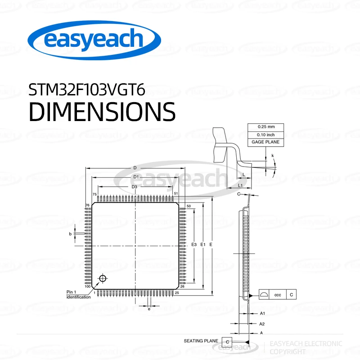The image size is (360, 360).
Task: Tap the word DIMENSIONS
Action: (x=102, y=111)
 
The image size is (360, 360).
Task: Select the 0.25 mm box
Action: (x=266, y=126)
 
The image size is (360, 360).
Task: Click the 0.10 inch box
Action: (x=266, y=134)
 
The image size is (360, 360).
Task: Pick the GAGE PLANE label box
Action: (x=266, y=142)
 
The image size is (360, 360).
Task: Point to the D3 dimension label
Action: (x=134, y=187)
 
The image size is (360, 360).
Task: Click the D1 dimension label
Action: (x=135, y=177)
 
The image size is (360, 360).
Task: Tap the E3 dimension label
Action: (x=194, y=244)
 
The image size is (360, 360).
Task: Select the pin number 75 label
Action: (x=94, y=194)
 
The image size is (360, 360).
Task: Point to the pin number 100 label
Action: (x=87, y=286)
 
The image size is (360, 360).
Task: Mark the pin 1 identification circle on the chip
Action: (x=103, y=279)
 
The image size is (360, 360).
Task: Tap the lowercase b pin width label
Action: (x=70, y=234)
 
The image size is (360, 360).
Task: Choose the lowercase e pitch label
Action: (x=149, y=308)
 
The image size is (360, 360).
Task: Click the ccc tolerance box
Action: (x=278, y=295)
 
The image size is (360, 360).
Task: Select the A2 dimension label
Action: (x=262, y=324)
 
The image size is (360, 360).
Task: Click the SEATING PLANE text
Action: (x=201, y=341)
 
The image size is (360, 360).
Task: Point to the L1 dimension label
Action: (x=240, y=185)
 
